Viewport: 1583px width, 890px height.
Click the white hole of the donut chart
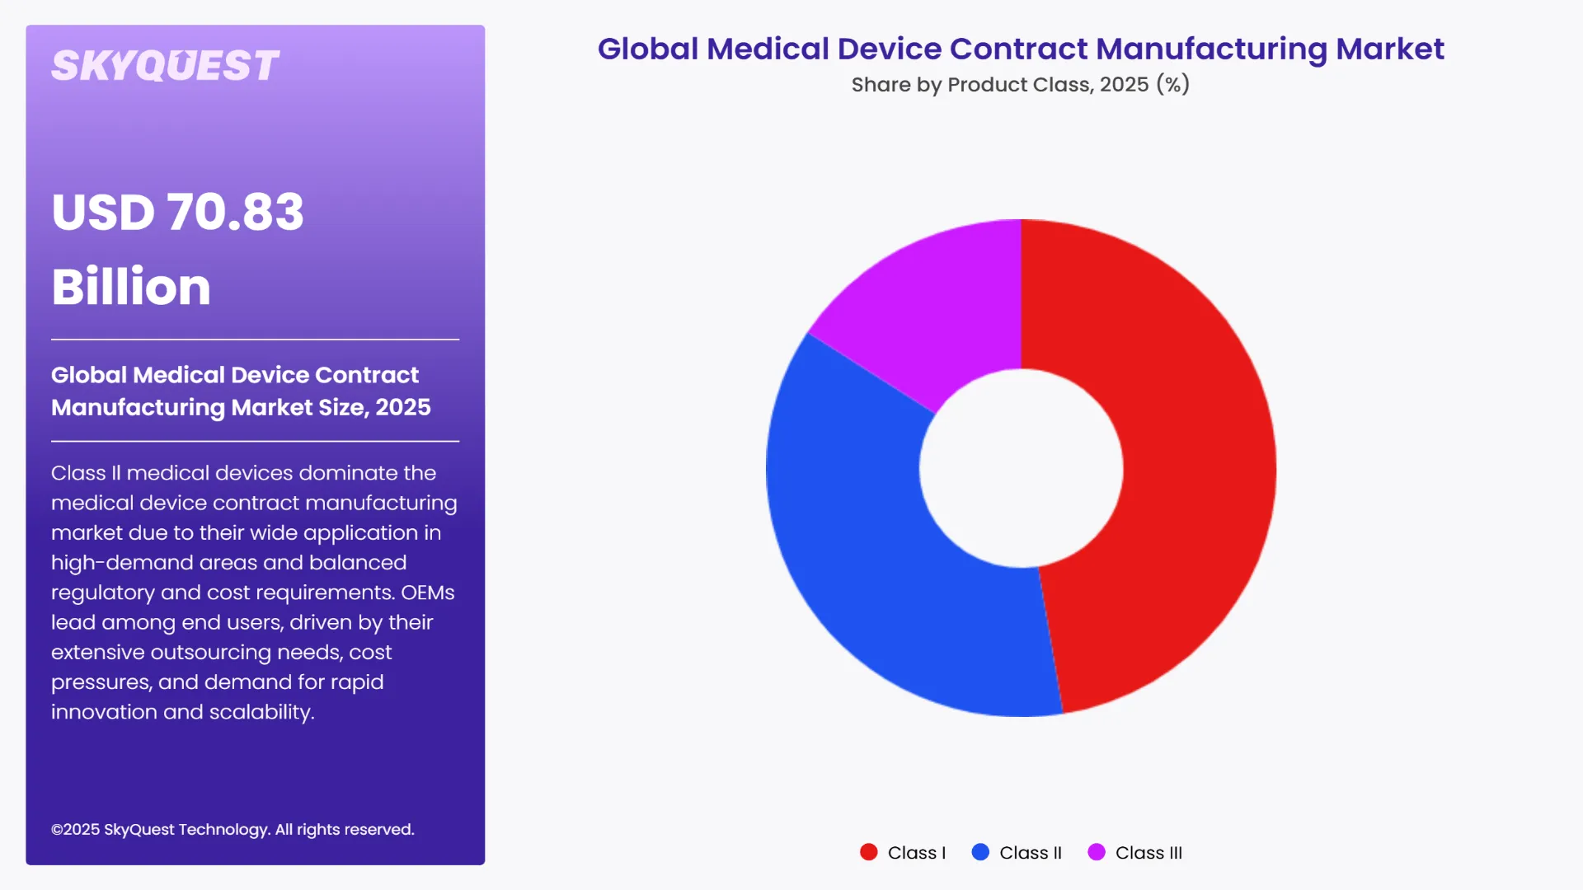coord(1021,468)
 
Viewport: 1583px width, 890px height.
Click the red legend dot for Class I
coord(868,852)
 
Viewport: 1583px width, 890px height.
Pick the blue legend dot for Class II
coord(980,852)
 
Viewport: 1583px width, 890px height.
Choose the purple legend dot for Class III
coord(1096,852)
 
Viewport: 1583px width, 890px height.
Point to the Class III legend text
coord(1148,853)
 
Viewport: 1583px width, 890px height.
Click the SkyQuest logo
coord(165,66)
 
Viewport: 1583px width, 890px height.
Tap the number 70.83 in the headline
coord(236,212)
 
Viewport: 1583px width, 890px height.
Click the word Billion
coord(131,287)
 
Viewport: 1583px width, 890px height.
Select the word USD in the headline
coord(103,212)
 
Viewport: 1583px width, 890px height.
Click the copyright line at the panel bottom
coord(233,830)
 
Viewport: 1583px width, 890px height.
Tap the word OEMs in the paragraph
coord(427,593)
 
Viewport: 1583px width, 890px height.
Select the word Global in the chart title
coord(648,49)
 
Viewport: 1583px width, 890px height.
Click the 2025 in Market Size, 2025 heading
coord(403,407)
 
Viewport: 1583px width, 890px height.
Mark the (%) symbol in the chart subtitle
coord(1172,84)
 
